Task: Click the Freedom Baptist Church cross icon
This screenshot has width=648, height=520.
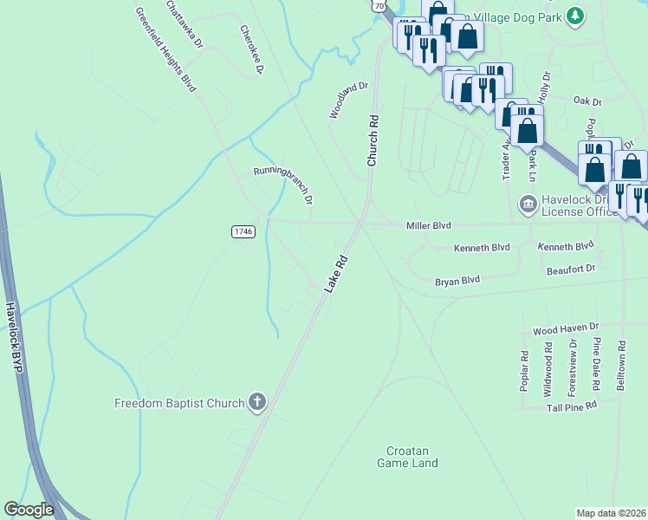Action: [257, 402]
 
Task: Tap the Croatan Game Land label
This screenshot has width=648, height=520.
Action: [407, 456]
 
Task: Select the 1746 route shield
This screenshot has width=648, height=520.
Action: [243, 231]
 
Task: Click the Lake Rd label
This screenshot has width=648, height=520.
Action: [336, 273]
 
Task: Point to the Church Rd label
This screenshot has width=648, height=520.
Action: [373, 140]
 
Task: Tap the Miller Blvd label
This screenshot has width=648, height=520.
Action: [429, 225]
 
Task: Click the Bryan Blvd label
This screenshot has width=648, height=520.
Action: [457, 281]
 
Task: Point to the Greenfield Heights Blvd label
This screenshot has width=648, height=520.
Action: [165, 49]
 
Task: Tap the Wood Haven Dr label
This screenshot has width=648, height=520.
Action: [566, 328]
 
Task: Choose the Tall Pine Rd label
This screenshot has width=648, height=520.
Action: [567, 406]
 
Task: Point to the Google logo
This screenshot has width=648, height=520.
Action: [29, 510]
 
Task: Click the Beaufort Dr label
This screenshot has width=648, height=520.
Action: [571, 270]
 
